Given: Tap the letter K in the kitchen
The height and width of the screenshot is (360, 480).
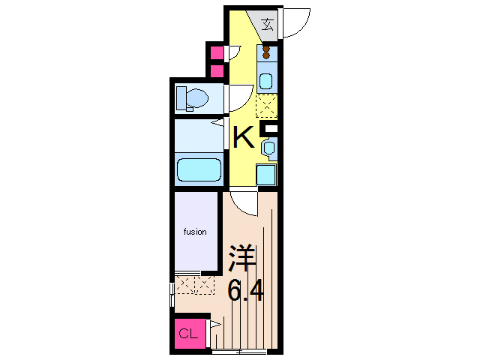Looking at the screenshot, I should (x=243, y=138).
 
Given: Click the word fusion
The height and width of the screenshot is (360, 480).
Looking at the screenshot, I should (x=195, y=232).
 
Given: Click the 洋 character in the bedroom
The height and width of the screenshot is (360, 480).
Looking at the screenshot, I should (x=243, y=258).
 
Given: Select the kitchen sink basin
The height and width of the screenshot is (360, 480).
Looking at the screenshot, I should (x=267, y=79).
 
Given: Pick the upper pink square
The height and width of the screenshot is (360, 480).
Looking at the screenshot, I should (x=216, y=53).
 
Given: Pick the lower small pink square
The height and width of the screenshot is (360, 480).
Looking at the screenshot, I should (x=216, y=71).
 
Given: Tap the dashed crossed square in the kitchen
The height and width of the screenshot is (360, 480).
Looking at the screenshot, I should (x=266, y=106).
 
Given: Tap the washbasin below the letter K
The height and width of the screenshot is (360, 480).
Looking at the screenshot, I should (x=268, y=148).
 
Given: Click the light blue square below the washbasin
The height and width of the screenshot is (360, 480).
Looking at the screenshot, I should (x=266, y=174).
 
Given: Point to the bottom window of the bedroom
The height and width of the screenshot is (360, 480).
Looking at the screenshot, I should (x=238, y=350).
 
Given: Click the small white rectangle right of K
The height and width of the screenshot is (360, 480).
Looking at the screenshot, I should (x=271, y=131).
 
